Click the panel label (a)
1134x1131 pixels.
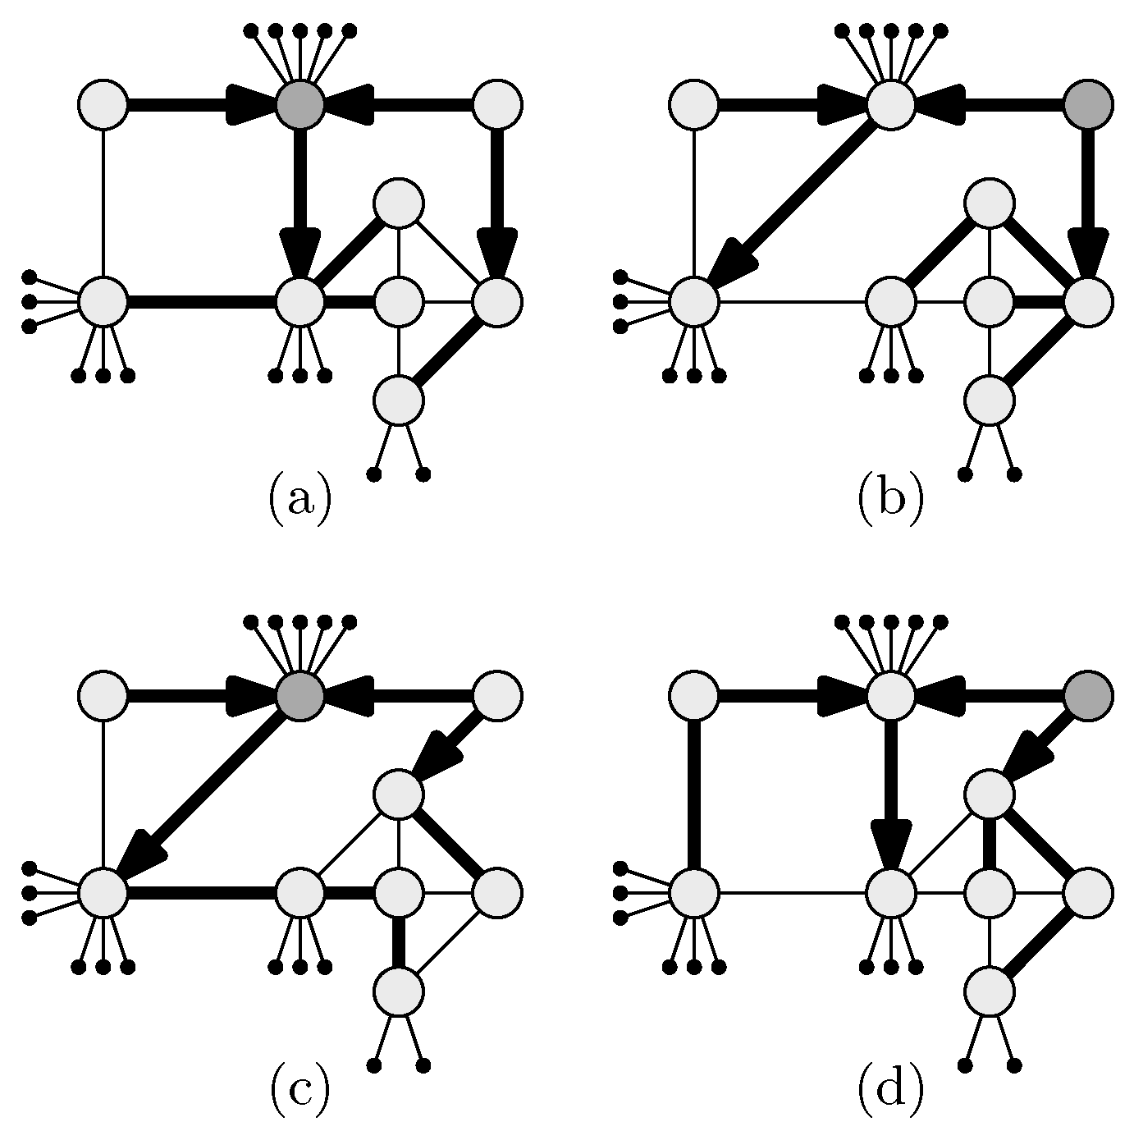tap(300, 497)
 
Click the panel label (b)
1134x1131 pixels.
tap(891, 497)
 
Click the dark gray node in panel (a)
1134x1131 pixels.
tap(300, 105)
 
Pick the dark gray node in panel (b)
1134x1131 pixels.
tap(1088, 105)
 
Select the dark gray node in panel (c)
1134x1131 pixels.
tap(300, 696)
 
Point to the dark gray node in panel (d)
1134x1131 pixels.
tap(1088, 696)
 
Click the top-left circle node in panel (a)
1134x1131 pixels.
tap(103, 105)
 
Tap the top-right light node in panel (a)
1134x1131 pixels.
tap(497, 105)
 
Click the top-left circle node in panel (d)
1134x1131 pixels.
tap(694, 696)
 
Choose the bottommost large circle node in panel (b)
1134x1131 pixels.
tap(990, 401)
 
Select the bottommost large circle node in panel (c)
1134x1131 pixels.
tap(399, 991)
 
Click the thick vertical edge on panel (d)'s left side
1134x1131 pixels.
tap(694, 794)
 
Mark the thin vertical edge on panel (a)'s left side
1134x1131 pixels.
tap(103, 204)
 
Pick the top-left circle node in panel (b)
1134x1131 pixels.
tap(694, 105)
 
